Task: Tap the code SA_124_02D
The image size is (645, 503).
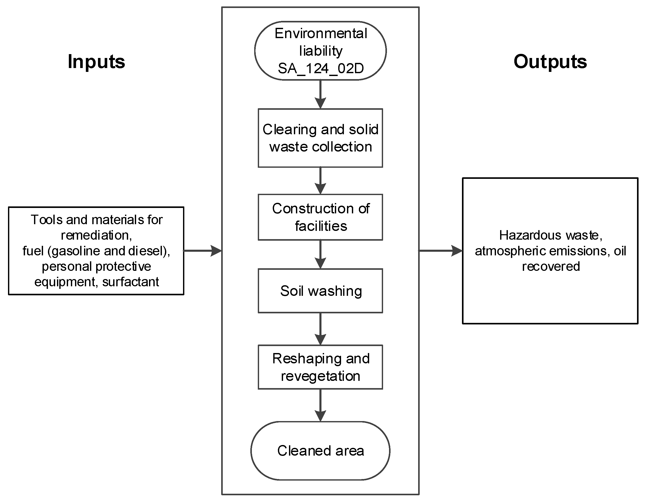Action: tap(321, 69)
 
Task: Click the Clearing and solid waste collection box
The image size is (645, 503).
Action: tap(320, 138)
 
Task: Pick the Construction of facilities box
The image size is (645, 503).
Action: tap(320, 217)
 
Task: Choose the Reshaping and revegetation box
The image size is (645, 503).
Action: tap(320, 367)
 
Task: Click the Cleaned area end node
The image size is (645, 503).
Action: tap(320, 451)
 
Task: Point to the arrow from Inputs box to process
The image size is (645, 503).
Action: tap(203, 251)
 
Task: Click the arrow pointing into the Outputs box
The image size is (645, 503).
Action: tap(441, 251)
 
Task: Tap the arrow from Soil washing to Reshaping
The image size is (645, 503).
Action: tap(320, 329)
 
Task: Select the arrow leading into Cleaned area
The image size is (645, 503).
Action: tap(320, 405)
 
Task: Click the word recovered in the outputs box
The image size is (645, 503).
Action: tap(551, 266)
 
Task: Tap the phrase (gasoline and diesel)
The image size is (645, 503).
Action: tap(109, 251)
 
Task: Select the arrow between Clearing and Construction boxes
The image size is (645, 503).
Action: tap(320, 180)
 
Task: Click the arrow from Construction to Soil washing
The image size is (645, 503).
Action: tap(320, 254)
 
